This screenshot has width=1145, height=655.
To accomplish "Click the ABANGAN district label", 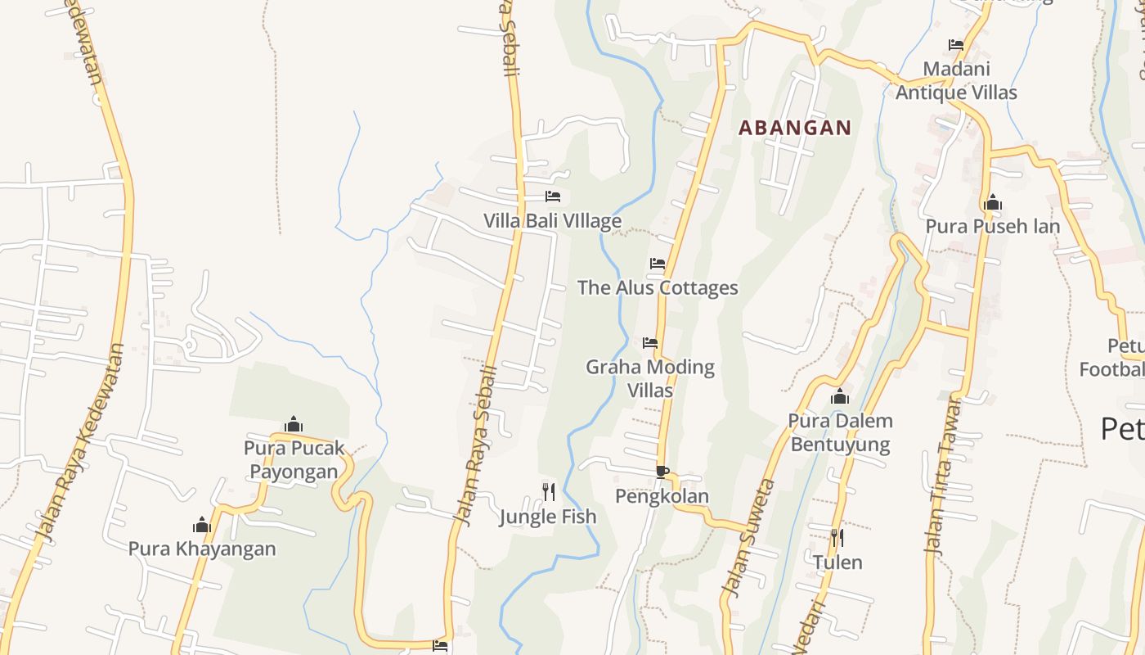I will tap(795, 128).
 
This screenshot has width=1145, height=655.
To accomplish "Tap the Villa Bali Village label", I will tap(552, 221).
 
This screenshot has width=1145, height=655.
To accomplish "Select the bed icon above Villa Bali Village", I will tap(553, 196).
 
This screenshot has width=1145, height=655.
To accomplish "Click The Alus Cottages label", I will tap(658, 287).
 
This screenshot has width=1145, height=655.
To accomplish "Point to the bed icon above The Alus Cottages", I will tap(658, 264).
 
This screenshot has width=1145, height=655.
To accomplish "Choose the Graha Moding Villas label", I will tap(650, 378).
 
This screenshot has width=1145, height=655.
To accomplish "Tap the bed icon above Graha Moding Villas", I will tap(650, 342).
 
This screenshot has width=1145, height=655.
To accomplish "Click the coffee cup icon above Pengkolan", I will tap(662, 472).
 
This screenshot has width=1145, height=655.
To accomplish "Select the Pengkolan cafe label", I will tap(662, 496).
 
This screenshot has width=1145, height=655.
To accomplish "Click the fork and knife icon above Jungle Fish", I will tap(549, 491).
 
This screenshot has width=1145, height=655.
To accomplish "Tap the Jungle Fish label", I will tap(548, 517).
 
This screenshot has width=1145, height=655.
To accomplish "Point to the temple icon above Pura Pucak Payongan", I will tap(294, 424).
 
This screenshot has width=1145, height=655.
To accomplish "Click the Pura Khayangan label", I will tap(202, 549).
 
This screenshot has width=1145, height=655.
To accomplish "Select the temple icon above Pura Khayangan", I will tap(202, 525).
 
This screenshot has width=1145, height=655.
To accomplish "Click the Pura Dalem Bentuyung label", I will tap(839, 432).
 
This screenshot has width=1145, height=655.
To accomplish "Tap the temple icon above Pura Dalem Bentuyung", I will tap(840, 397).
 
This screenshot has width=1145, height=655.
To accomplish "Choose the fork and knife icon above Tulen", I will tap(837, 538).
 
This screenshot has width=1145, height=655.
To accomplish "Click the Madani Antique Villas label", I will tap(956, 80).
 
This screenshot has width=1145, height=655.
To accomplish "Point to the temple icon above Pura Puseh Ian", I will tap(993, 202).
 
